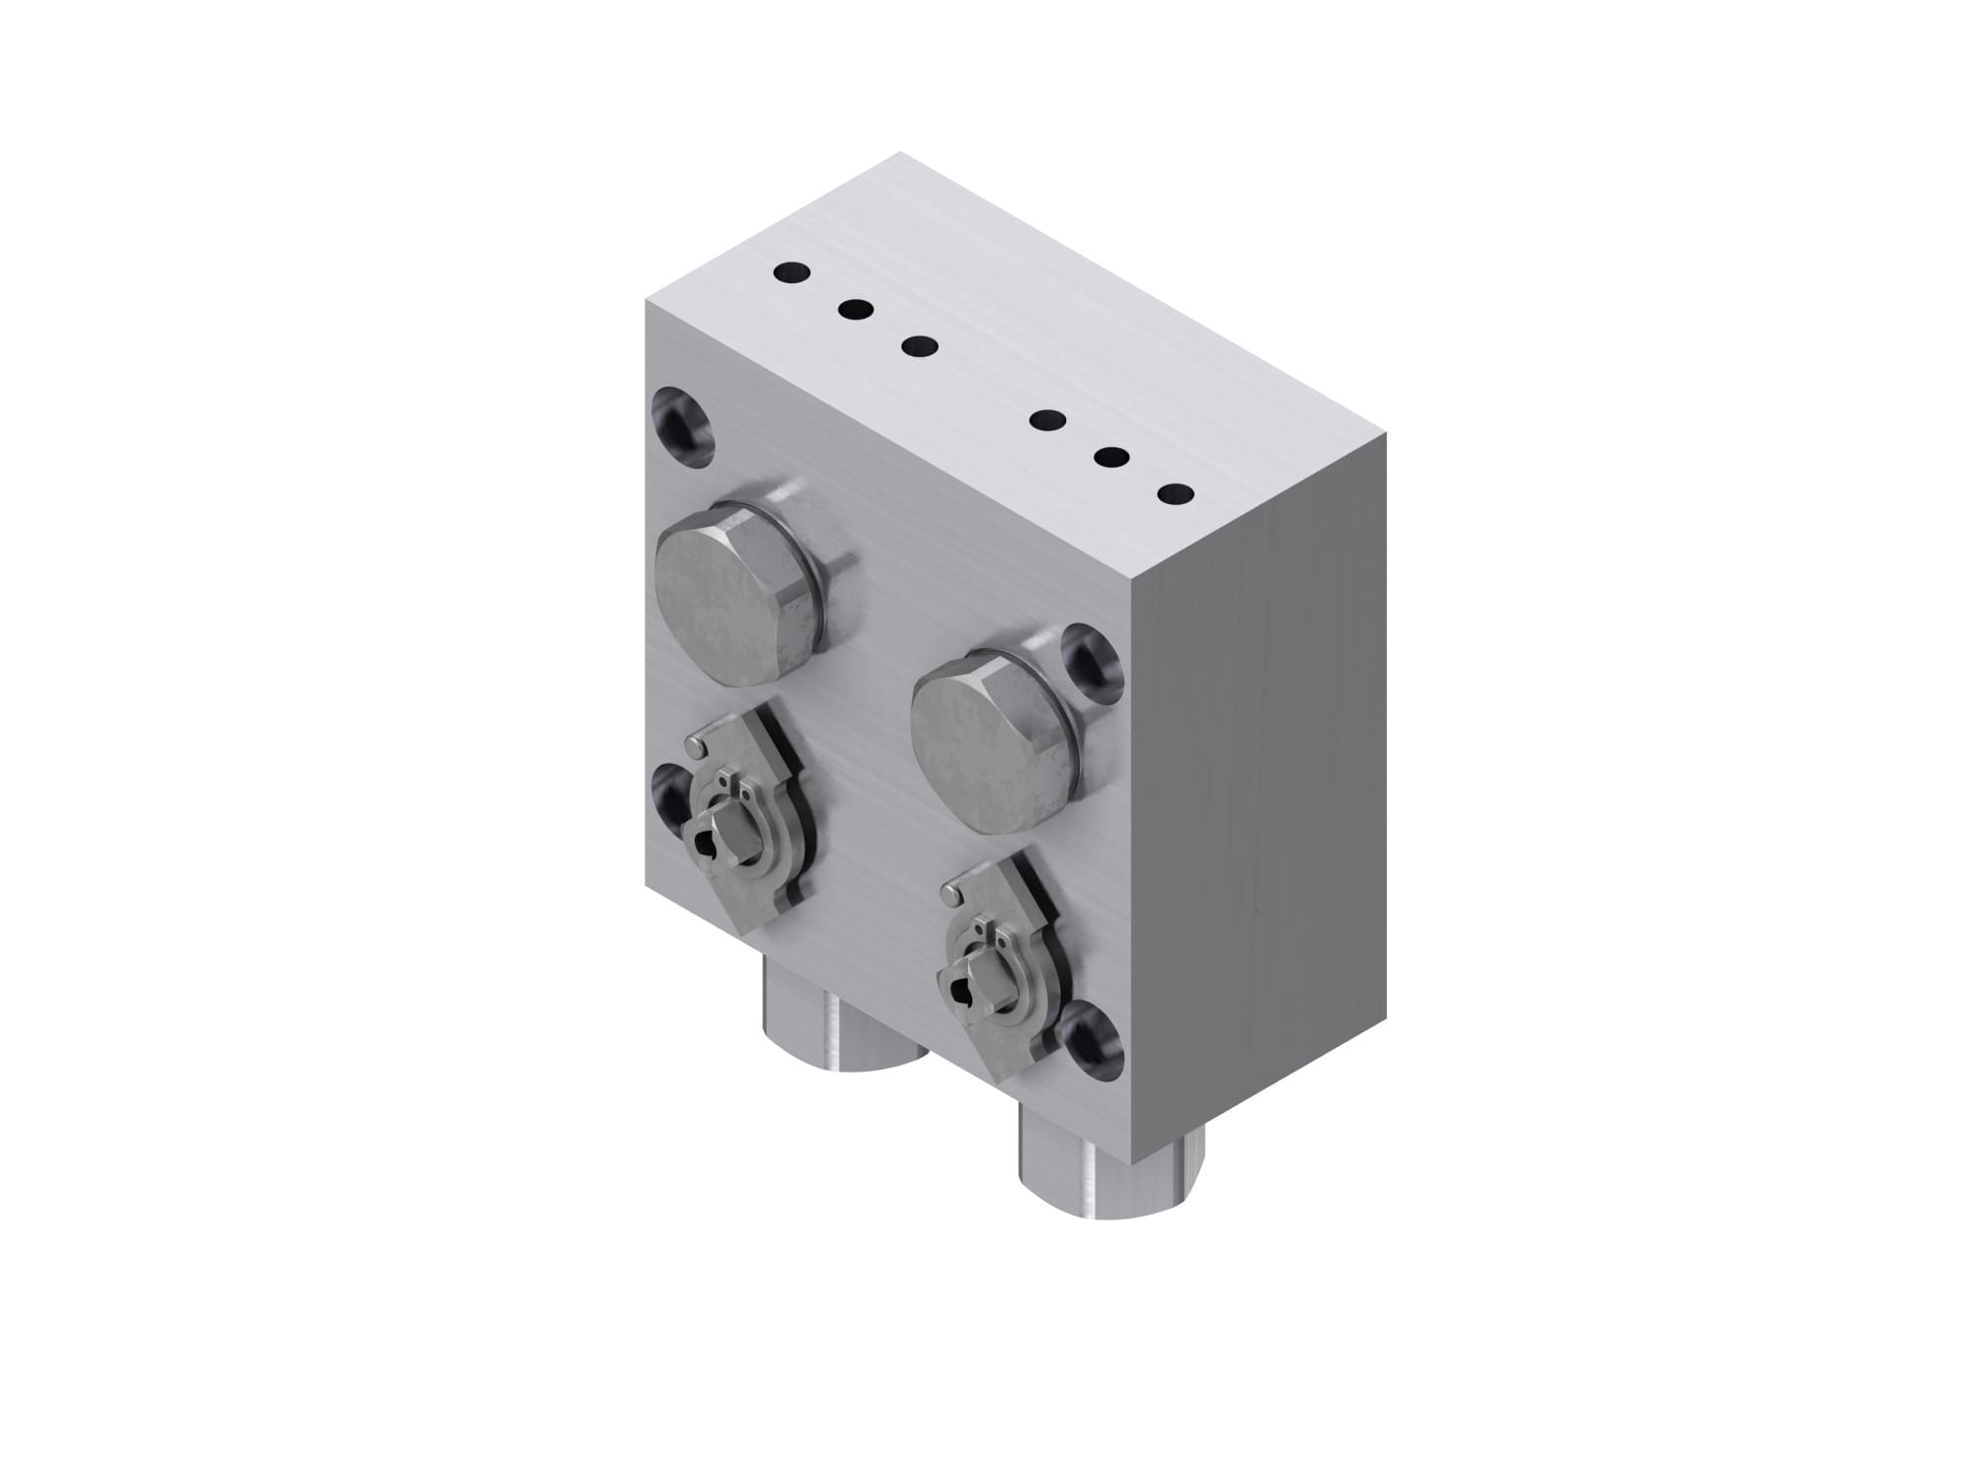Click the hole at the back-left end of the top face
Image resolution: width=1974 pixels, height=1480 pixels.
pos(792,271)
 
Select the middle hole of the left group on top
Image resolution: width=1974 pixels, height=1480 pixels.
pos(856,310)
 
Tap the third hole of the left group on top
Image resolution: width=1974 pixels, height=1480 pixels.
pos(920,346)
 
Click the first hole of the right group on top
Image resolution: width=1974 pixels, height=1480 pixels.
pos(1046,421)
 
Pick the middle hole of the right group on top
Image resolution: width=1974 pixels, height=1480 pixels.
pos(1111,457)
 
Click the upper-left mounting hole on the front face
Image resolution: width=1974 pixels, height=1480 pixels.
pos(683,424)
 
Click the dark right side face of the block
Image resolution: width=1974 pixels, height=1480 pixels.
pos(1273,789)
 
